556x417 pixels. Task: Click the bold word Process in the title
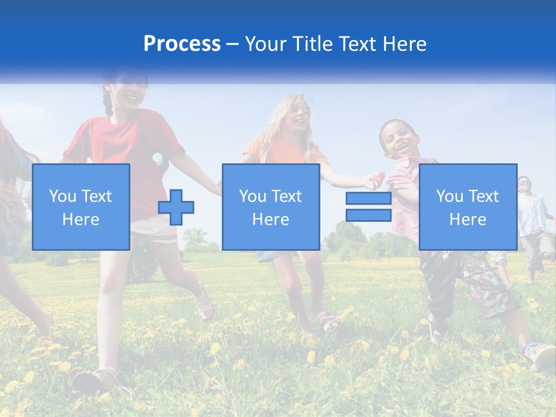pos(182,44)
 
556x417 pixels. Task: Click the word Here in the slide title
pos(403,44)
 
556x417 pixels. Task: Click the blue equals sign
pos(368,207)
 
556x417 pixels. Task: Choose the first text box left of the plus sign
pos(81,207)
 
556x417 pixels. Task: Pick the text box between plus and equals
pos(270,207)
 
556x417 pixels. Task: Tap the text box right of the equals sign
pos(467,207)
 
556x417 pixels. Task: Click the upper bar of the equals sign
pos(368,199)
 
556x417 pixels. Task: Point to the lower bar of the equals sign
pos(368,215)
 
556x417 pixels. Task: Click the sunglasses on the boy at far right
pos(524,183)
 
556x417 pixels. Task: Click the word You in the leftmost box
pos(62,196)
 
